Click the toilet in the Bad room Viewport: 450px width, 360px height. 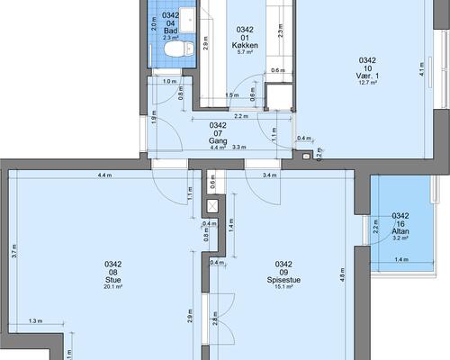pyautogui.click(x=179, y=49)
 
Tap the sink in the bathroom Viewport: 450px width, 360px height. pyautogui.click(x=188, y=20)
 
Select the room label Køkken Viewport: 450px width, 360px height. pyautogui.click(x=245, y=45)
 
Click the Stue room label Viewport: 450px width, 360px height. pyautogui.click(x=113, y=280)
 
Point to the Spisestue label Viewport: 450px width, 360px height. pyautogui.click(x=283, y=280)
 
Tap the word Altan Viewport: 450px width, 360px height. pyautogui.click(x=400, y=231)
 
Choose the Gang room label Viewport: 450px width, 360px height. pyautogui.click(x=218, y=140)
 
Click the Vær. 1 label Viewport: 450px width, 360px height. pyautogui.click(x=367, y=76)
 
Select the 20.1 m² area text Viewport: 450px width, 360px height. pyautogui.click(x=113, y=287)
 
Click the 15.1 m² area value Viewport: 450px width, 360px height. pyautogui.click(x=283, y=287)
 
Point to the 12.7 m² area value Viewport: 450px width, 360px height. pyautogui.click(x=367, y=83)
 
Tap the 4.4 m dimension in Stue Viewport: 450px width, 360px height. pyautogui.click(x=104, y=175)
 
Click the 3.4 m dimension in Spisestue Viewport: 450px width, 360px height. pyautogui.click(x=270, y=175)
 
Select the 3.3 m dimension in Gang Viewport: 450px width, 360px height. pyautogui.click(x=239, y=147)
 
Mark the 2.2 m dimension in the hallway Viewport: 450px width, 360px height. pyautogui.click(x=241, y=116)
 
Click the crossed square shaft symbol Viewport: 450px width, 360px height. pyautogui.click(x=212, y=206)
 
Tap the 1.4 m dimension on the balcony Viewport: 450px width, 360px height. pyautogui.click(x=401, y=259)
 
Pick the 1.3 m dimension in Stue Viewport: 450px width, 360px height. pyautogui.click(x=36, y=321)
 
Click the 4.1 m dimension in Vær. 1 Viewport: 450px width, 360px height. pyautogui.click(x=421, y=69)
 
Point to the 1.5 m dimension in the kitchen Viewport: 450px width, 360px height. pyautogui.click(x=232, y=95)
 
